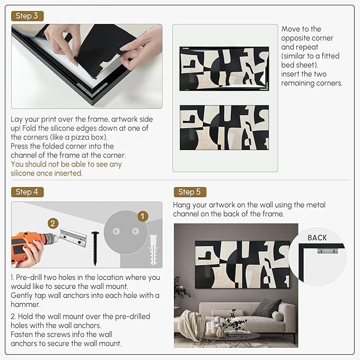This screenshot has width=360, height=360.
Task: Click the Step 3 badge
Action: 28,16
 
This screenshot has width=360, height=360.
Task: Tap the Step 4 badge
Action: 28,192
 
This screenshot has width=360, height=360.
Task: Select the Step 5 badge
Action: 190,192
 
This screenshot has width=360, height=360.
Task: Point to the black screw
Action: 95,248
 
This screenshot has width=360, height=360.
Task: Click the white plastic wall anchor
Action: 153,250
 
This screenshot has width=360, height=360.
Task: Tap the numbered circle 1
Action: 143,216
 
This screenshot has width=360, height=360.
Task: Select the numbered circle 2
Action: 53,223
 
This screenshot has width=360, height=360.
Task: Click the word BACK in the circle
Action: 317,238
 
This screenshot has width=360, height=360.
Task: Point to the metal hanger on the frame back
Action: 328,251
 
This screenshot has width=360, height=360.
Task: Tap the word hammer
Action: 25,304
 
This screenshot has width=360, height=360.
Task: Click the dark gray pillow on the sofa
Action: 266,308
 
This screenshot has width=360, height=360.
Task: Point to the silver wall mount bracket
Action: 73,238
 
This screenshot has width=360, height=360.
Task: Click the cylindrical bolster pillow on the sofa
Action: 278,316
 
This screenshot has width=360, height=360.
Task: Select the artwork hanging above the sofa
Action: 242,265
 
